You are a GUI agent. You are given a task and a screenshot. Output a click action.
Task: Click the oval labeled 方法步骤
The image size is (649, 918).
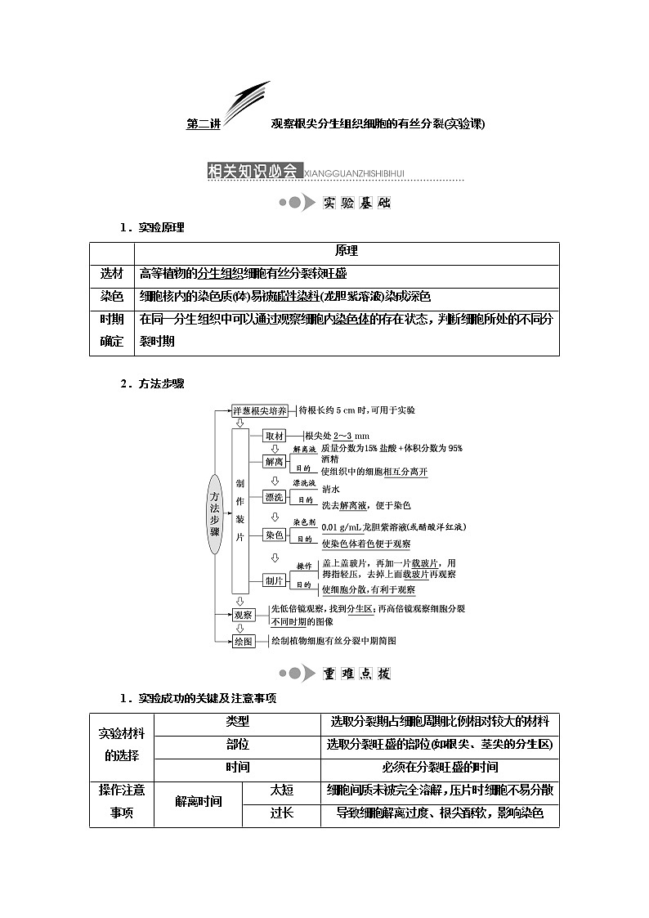tap(215, 513)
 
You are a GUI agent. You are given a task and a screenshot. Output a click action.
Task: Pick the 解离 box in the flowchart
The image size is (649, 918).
tap(274, 461)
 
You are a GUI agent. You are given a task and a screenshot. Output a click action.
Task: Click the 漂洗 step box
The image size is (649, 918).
tap(274, 496)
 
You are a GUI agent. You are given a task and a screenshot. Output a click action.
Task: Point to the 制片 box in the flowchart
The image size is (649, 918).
tap(274, 580)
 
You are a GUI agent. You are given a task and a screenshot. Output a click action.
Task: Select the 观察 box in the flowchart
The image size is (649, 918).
tap(244, 615)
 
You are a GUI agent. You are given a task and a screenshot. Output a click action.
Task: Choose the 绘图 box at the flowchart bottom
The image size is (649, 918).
tap(244, 642)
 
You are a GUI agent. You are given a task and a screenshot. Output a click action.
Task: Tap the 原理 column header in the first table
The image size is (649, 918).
tap(347, 252)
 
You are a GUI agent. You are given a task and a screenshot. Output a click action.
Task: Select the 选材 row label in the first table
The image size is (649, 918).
tap(112, 274)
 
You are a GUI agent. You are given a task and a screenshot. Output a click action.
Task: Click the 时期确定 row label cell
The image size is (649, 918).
tap(112, 330)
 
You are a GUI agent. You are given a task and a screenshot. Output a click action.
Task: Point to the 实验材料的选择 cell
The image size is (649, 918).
tap(122, 746)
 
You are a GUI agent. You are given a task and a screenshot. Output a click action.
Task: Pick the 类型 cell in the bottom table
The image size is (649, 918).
tap(237, 722)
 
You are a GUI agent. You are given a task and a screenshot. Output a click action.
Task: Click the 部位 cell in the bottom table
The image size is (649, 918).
tap(237, 745)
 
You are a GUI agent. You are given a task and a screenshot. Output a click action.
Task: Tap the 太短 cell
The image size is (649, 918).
tap(282, 790)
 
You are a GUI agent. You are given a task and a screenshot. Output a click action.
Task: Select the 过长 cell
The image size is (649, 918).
tap(282, 813)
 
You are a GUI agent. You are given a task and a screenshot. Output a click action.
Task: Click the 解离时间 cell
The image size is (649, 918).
tap(199, 802)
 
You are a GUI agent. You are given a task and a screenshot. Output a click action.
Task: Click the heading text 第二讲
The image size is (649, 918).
tap(204, 125)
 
